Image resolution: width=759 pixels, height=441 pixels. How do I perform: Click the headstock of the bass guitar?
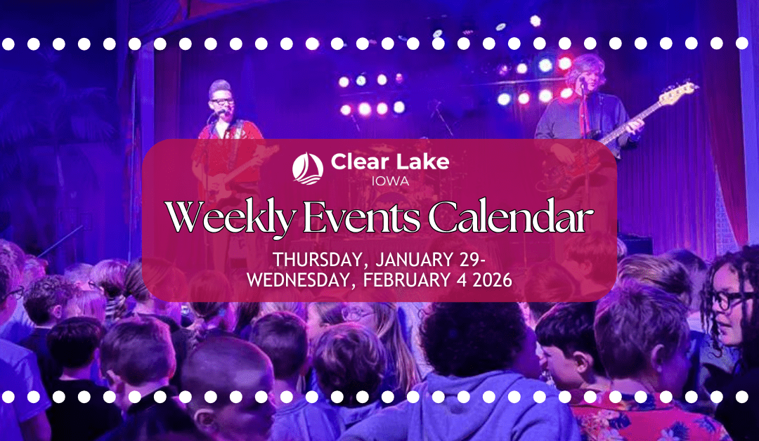[x=680, y=90]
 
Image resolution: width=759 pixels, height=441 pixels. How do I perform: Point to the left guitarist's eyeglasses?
[x=221, y=103]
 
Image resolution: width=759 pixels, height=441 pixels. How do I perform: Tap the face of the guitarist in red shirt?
[x=222, y=107]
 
